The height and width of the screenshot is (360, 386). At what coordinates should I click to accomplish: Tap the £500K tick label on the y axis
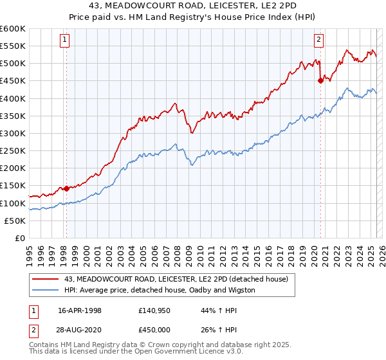coord(13,64)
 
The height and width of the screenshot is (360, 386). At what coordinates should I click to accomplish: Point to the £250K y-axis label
coord(13,151)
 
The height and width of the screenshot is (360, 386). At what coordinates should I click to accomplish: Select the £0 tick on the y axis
coord(19,239)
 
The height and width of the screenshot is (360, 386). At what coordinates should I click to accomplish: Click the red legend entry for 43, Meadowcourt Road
coord(179,279)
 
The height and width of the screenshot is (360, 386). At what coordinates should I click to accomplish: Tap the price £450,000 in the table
coord(156,328)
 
